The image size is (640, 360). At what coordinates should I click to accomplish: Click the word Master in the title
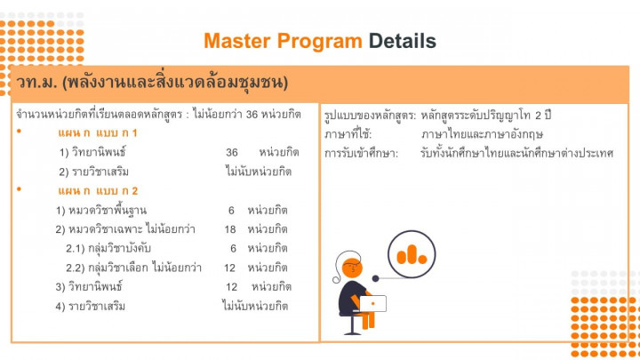(237, 41)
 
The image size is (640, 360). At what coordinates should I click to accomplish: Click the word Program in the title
(320, 42)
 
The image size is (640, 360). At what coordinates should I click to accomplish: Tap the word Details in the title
(403, 41)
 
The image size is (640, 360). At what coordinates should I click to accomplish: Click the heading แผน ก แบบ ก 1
(98, 132)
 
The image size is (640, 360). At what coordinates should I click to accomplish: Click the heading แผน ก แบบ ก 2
(98, 190)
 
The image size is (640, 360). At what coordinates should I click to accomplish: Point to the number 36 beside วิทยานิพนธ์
(232, 152)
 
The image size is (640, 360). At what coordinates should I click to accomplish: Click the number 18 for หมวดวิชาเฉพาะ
(230, 229)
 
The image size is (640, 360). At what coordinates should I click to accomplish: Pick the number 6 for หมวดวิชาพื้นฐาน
(231, 210)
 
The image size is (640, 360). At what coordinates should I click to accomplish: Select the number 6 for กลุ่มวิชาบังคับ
(233, 248)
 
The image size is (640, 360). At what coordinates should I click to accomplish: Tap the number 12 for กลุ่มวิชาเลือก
(230, 268)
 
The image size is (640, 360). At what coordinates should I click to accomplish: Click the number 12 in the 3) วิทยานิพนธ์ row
(231, 287)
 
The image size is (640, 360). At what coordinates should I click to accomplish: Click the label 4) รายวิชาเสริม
(90, 306)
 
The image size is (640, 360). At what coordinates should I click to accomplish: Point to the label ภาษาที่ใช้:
(348, 134)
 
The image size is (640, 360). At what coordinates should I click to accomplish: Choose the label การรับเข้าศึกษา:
(361, 153)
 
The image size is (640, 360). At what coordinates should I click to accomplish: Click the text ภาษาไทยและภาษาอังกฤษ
(482, 134)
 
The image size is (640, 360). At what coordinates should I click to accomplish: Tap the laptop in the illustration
(372, 304)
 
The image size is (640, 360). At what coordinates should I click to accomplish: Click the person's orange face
(352, 268)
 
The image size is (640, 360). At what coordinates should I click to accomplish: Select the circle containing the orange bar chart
(412, 254)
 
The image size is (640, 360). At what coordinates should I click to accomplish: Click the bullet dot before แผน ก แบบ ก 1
(20, 131)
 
